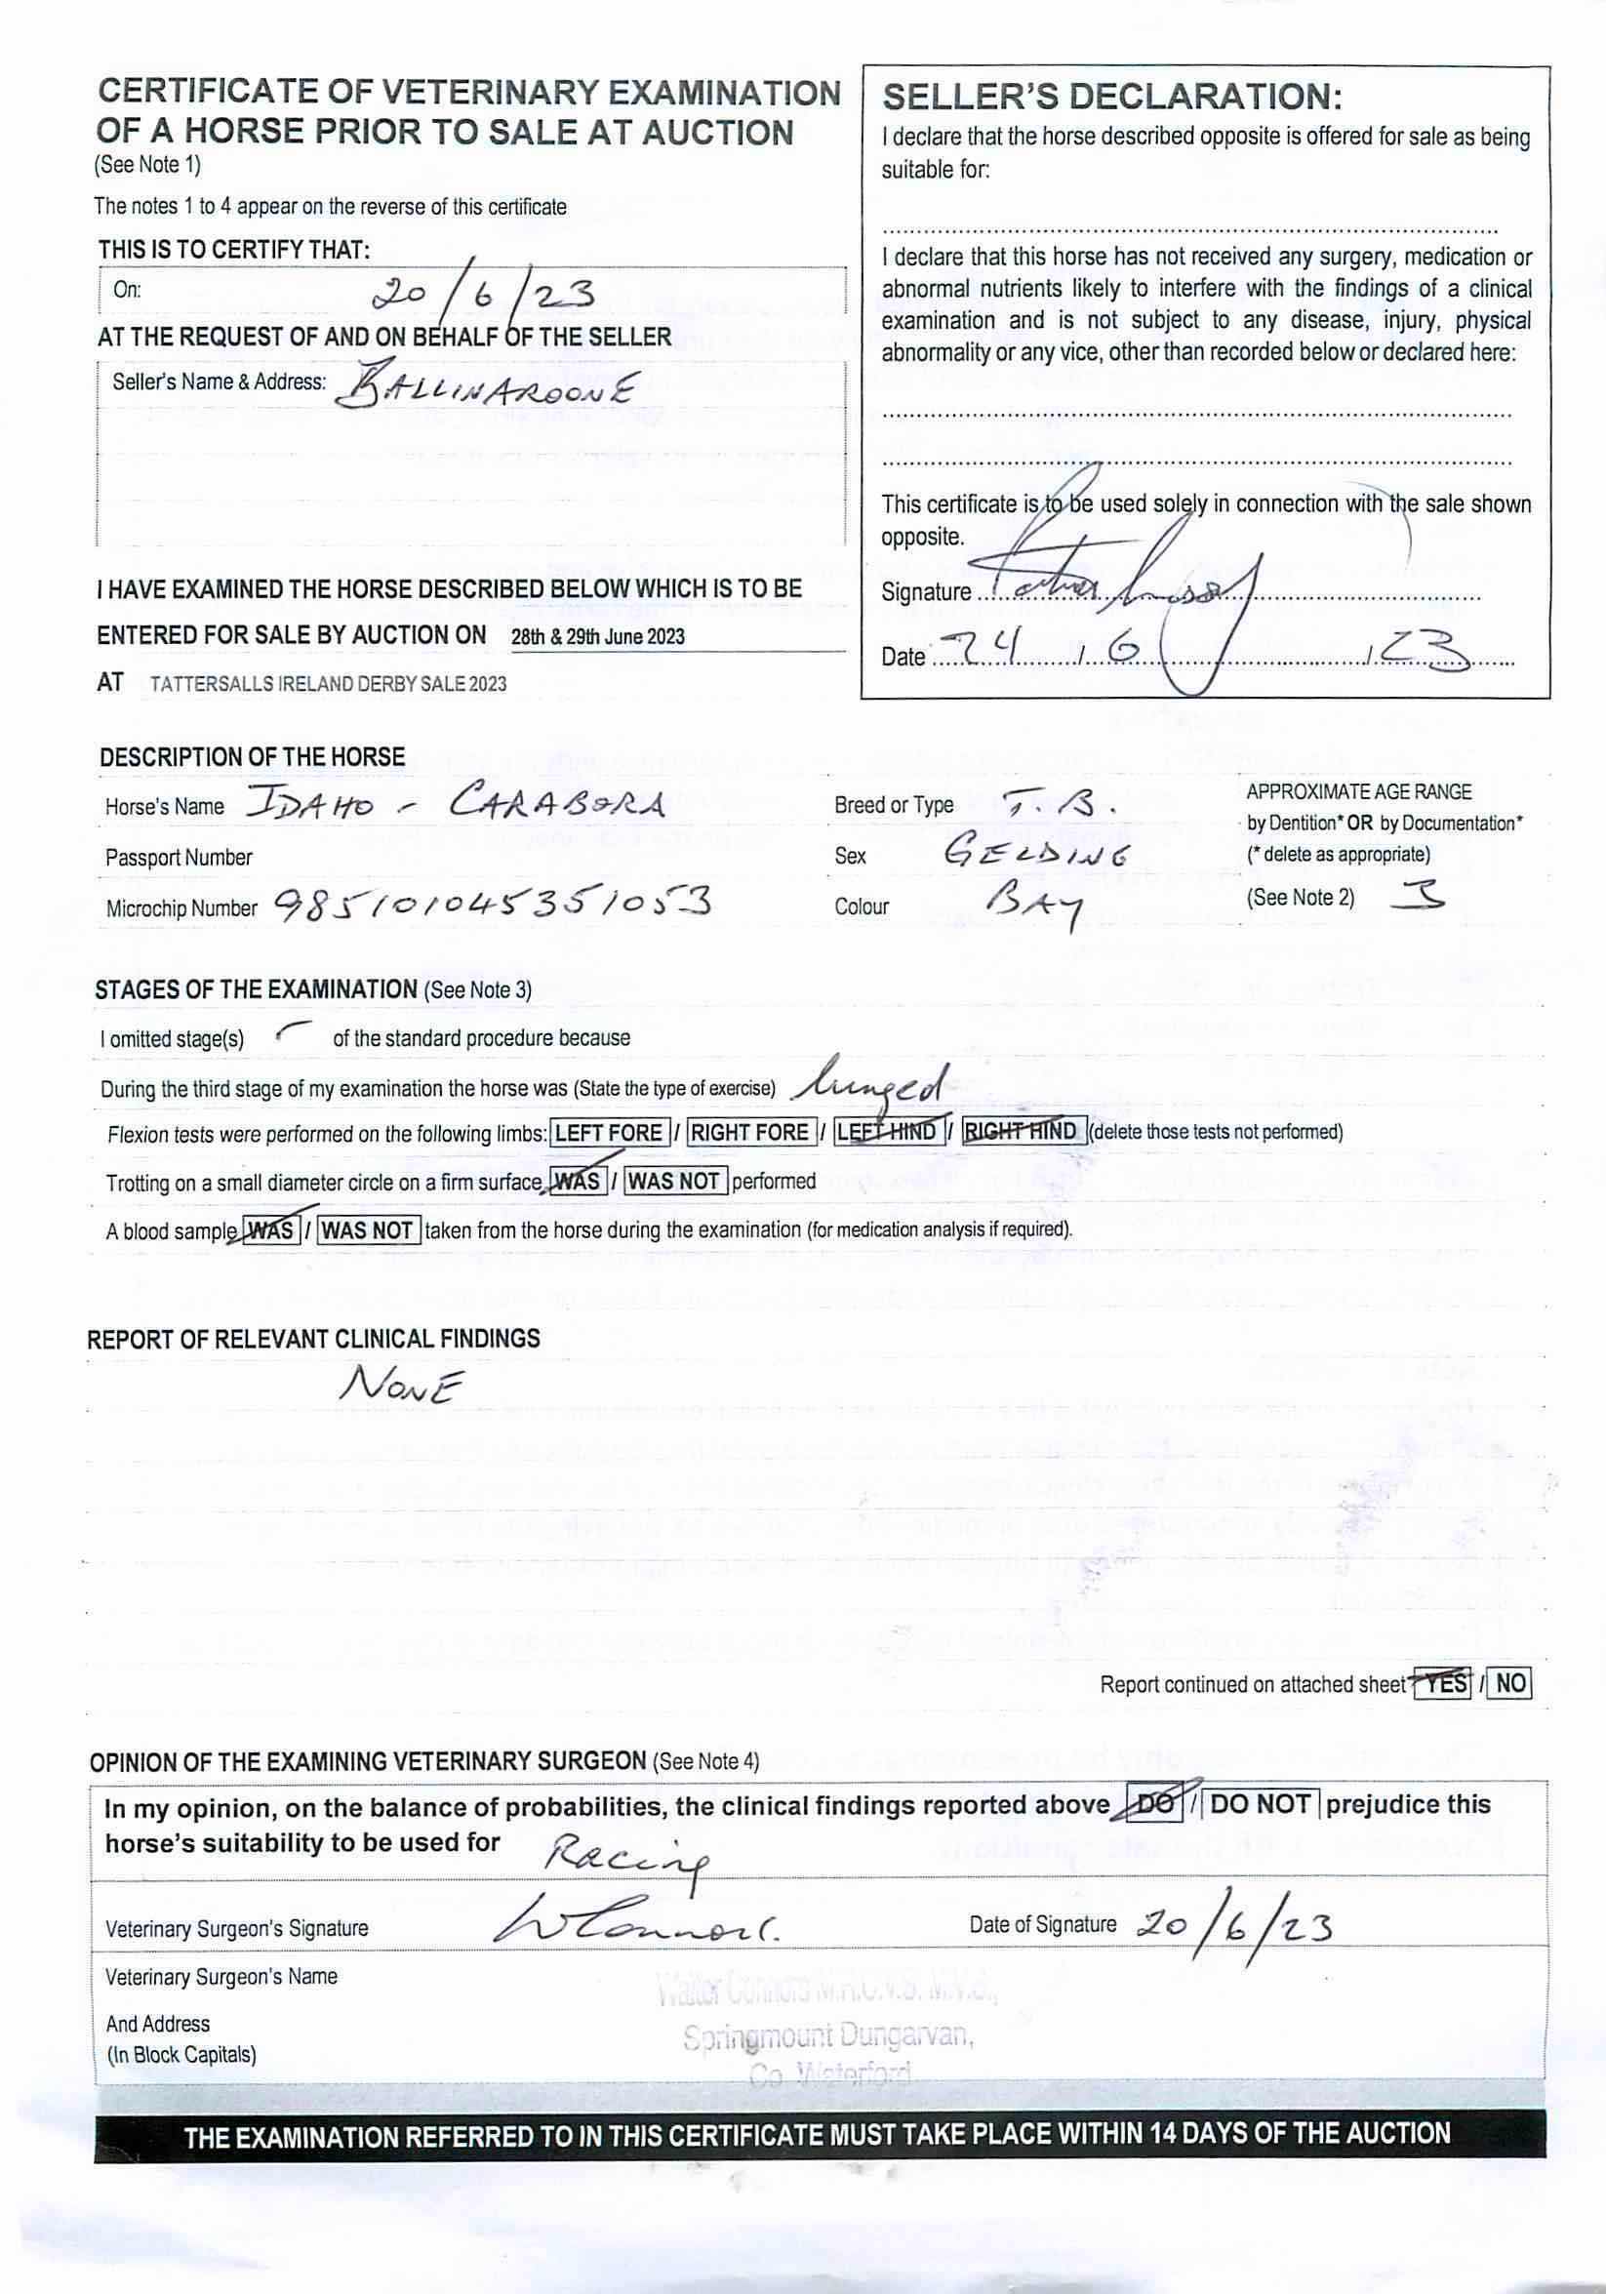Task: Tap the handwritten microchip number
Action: tap(492, 906)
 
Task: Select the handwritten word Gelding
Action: tap(1036, 853)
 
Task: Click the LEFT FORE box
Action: tap(609, 1132)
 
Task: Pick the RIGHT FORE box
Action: tap(749, 1132)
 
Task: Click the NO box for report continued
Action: tap(1510, 1683)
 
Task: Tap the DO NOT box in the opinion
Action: tap(1261, 1803)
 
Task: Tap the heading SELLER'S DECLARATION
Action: tap(1111, 97)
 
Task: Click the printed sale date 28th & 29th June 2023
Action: tap(598, 636)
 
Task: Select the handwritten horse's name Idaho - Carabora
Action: tap(455, 803)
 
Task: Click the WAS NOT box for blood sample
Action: tap(368, 1229)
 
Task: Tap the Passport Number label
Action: tap(178, 858)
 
